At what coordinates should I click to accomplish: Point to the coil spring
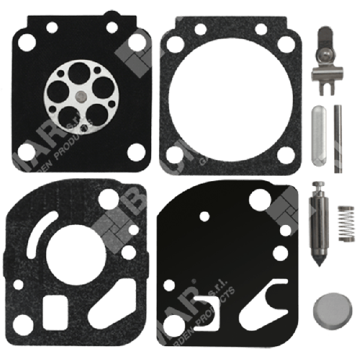coord(345,223)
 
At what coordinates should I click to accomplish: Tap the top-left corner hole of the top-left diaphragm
coord(26,41)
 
